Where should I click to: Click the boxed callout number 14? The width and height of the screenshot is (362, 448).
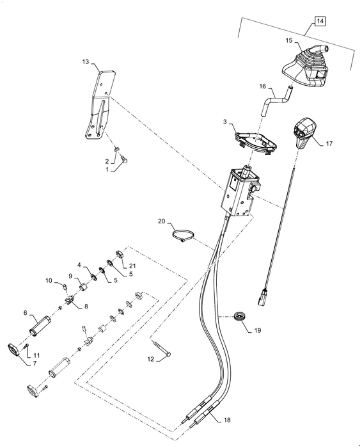[320, 21]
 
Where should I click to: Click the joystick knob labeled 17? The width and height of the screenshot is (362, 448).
[304, 133]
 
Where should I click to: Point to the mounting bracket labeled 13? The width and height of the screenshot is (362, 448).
[100, 104]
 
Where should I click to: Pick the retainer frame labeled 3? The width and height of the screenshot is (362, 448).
[256, 143]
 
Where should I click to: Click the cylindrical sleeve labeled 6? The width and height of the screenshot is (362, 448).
[40, 326]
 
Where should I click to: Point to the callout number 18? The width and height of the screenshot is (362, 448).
[227, 420]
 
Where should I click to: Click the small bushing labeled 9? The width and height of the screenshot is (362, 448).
[84, 287]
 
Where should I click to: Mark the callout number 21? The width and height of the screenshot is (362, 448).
[132, 266]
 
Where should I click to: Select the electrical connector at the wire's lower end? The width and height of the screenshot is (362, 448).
[262, 297]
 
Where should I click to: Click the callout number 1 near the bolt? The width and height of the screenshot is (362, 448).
[107, 170]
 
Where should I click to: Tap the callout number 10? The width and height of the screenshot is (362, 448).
[49, 280]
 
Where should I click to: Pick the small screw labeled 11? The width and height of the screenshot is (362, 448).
[26, 347]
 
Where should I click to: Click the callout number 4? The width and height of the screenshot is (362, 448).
[79, 265]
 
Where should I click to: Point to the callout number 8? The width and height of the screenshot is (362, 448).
[86, 307]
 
